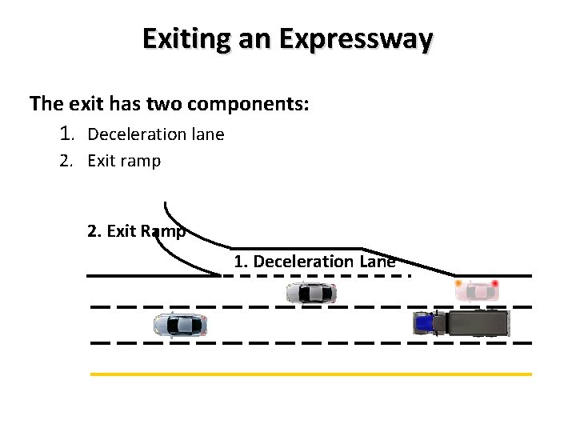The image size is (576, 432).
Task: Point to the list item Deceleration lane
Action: point(155,134)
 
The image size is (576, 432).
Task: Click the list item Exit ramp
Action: point(123,161)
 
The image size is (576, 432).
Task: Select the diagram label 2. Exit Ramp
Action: point(136,232)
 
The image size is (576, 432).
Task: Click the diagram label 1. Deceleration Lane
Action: point(314,262)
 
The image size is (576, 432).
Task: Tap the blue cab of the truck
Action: point(423,323)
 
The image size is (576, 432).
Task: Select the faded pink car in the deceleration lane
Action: point(477,290)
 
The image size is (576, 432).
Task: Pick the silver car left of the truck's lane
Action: point(180,325)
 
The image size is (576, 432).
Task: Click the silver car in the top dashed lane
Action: point(310,294)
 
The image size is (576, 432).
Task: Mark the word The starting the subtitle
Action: point(44,104)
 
